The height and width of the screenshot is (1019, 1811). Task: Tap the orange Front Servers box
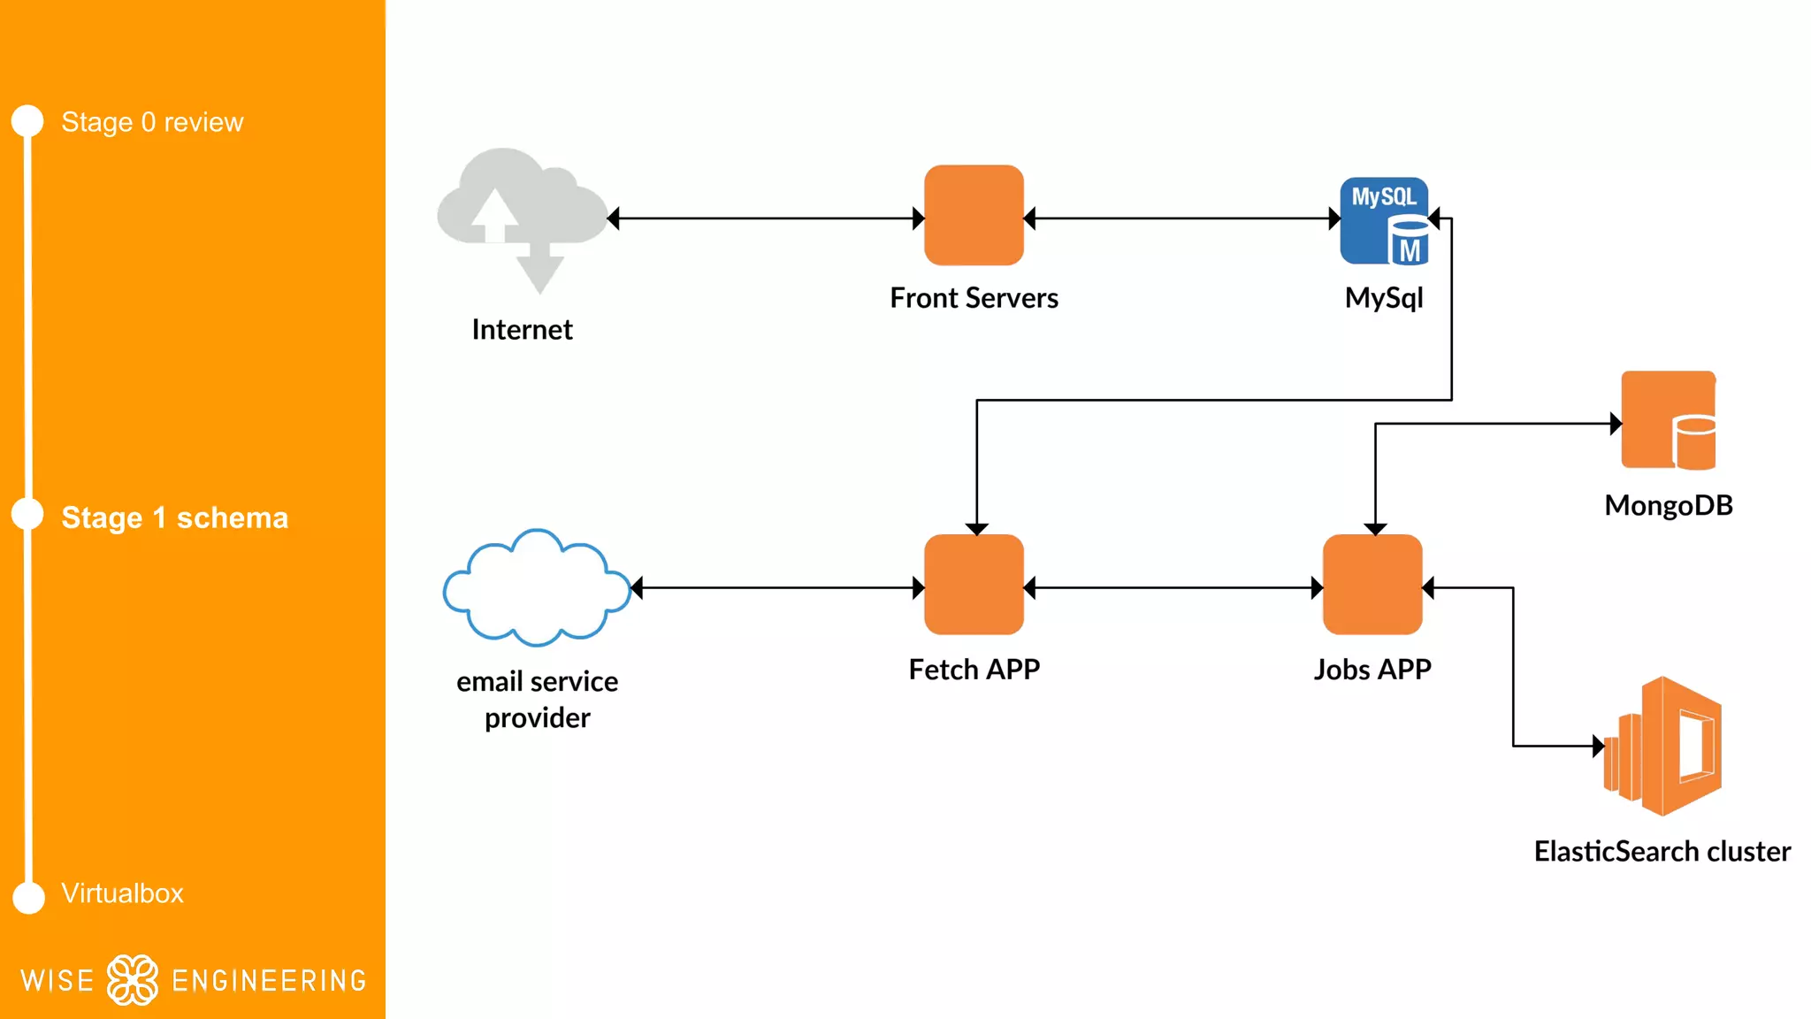pyautogui.click(x=974, y=215)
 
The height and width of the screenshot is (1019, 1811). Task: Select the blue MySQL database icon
pyautogui.click(x=1384, y=221)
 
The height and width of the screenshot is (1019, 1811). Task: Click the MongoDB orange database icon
pyautogui.click(x=1668, y=420)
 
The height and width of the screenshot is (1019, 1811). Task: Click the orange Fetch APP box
pyautogui.click(x=974, y=585)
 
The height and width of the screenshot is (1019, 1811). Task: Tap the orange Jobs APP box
pyautogui.click(x=1372, y=585)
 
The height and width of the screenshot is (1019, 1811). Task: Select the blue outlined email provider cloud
pyautogui.click(x=536, y=588)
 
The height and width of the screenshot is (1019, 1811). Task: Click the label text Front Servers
pyautogui.click(x=974, y=298)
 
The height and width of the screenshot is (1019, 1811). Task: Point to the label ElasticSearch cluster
pyautogui.click(x=1662, y=851)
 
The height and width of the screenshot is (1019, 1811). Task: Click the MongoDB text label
pyautogui.click(x=1668, y=505)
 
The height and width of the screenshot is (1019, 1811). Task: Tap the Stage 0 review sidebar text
pyautogui.click(x=152, y=122)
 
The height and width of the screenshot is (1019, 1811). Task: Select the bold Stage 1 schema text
pyautogui.click(x=174, y=517)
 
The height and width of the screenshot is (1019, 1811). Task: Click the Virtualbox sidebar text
pyautogui.click(x=122, y=893)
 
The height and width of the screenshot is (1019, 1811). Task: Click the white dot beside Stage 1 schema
pyautogui.click(x=28, y=515)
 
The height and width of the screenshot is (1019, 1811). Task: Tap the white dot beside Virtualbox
pyautogui.click(x=29, y=897)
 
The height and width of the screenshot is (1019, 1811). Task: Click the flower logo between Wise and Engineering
pyautogui.click(x=133, y=980)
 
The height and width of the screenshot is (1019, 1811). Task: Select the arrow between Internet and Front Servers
pyautogui.click(x=766, y=218)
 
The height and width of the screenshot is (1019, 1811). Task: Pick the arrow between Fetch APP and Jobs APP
pyautogui.click(x=1173, y=587)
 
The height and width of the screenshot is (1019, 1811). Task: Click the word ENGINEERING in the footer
pyautogui.click(x=269, y=981)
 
